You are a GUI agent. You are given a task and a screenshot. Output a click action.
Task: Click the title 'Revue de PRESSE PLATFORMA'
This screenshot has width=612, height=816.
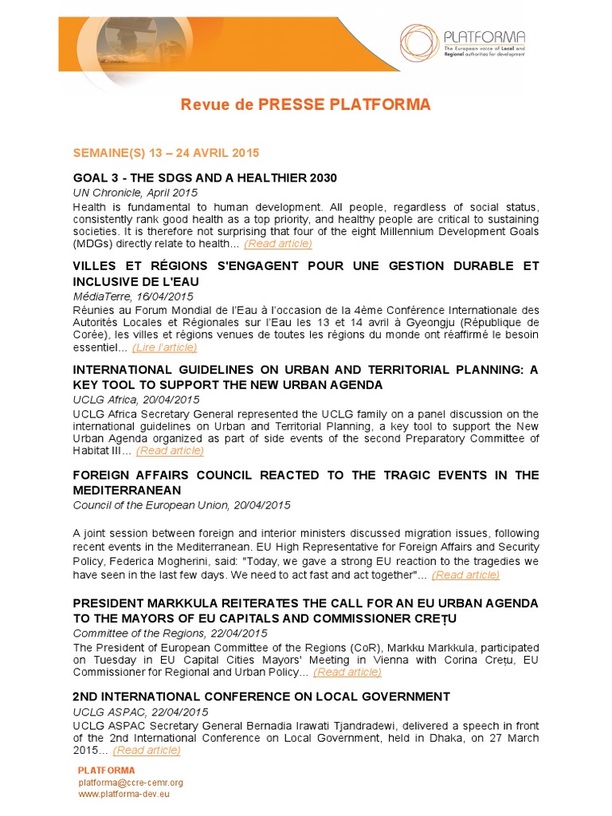[x=306, y=105]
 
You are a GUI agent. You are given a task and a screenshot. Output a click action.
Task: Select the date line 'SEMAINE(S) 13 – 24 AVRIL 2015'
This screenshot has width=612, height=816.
[x=166, y=152]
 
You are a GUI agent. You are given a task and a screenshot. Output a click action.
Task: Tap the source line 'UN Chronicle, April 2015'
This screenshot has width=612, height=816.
[x=135, y=193]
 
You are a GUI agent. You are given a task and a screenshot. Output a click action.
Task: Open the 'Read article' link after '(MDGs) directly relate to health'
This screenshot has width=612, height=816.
[x=278, y=244]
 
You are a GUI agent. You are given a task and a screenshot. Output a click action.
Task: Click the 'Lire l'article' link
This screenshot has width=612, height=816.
[x=165, y=347]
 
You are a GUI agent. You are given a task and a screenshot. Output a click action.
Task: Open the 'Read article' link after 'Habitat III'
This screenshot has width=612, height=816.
[x=170, y=451]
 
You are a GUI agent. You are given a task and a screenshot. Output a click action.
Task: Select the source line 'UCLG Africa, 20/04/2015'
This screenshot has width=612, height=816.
[x=136, y=400]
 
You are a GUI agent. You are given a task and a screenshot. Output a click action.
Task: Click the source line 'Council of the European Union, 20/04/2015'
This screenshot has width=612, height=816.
[x=182, y=505]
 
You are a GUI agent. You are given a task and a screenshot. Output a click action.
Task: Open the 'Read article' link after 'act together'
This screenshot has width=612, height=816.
[x=465, y=575]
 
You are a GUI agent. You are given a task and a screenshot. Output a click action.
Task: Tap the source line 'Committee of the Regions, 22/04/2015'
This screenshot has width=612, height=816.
[x=170, y=633]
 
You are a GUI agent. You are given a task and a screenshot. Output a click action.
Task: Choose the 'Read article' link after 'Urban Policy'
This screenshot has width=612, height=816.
[x=347, y=673]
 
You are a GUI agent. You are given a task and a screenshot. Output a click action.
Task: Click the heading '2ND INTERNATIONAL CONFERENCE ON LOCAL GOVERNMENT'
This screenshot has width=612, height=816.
[x=261, y=696]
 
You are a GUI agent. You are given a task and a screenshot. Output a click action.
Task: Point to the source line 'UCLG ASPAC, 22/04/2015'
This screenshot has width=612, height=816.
[x=140, y=712]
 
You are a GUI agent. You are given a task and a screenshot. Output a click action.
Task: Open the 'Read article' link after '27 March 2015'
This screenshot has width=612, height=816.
[x=147, y=751]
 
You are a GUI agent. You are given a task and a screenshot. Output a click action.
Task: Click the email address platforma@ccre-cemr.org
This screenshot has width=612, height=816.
[x=131, y=783]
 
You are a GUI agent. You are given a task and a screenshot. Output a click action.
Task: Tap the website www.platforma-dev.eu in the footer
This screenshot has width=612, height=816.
[x=124, y=794]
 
